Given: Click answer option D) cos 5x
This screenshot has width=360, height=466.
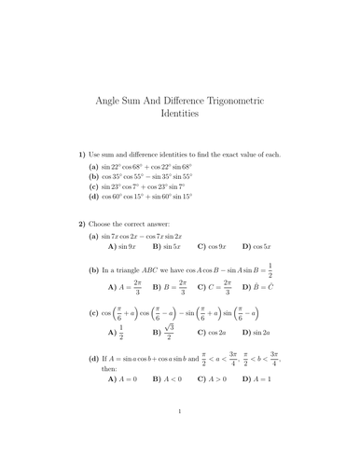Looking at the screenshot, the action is click(x=257, y=247).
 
